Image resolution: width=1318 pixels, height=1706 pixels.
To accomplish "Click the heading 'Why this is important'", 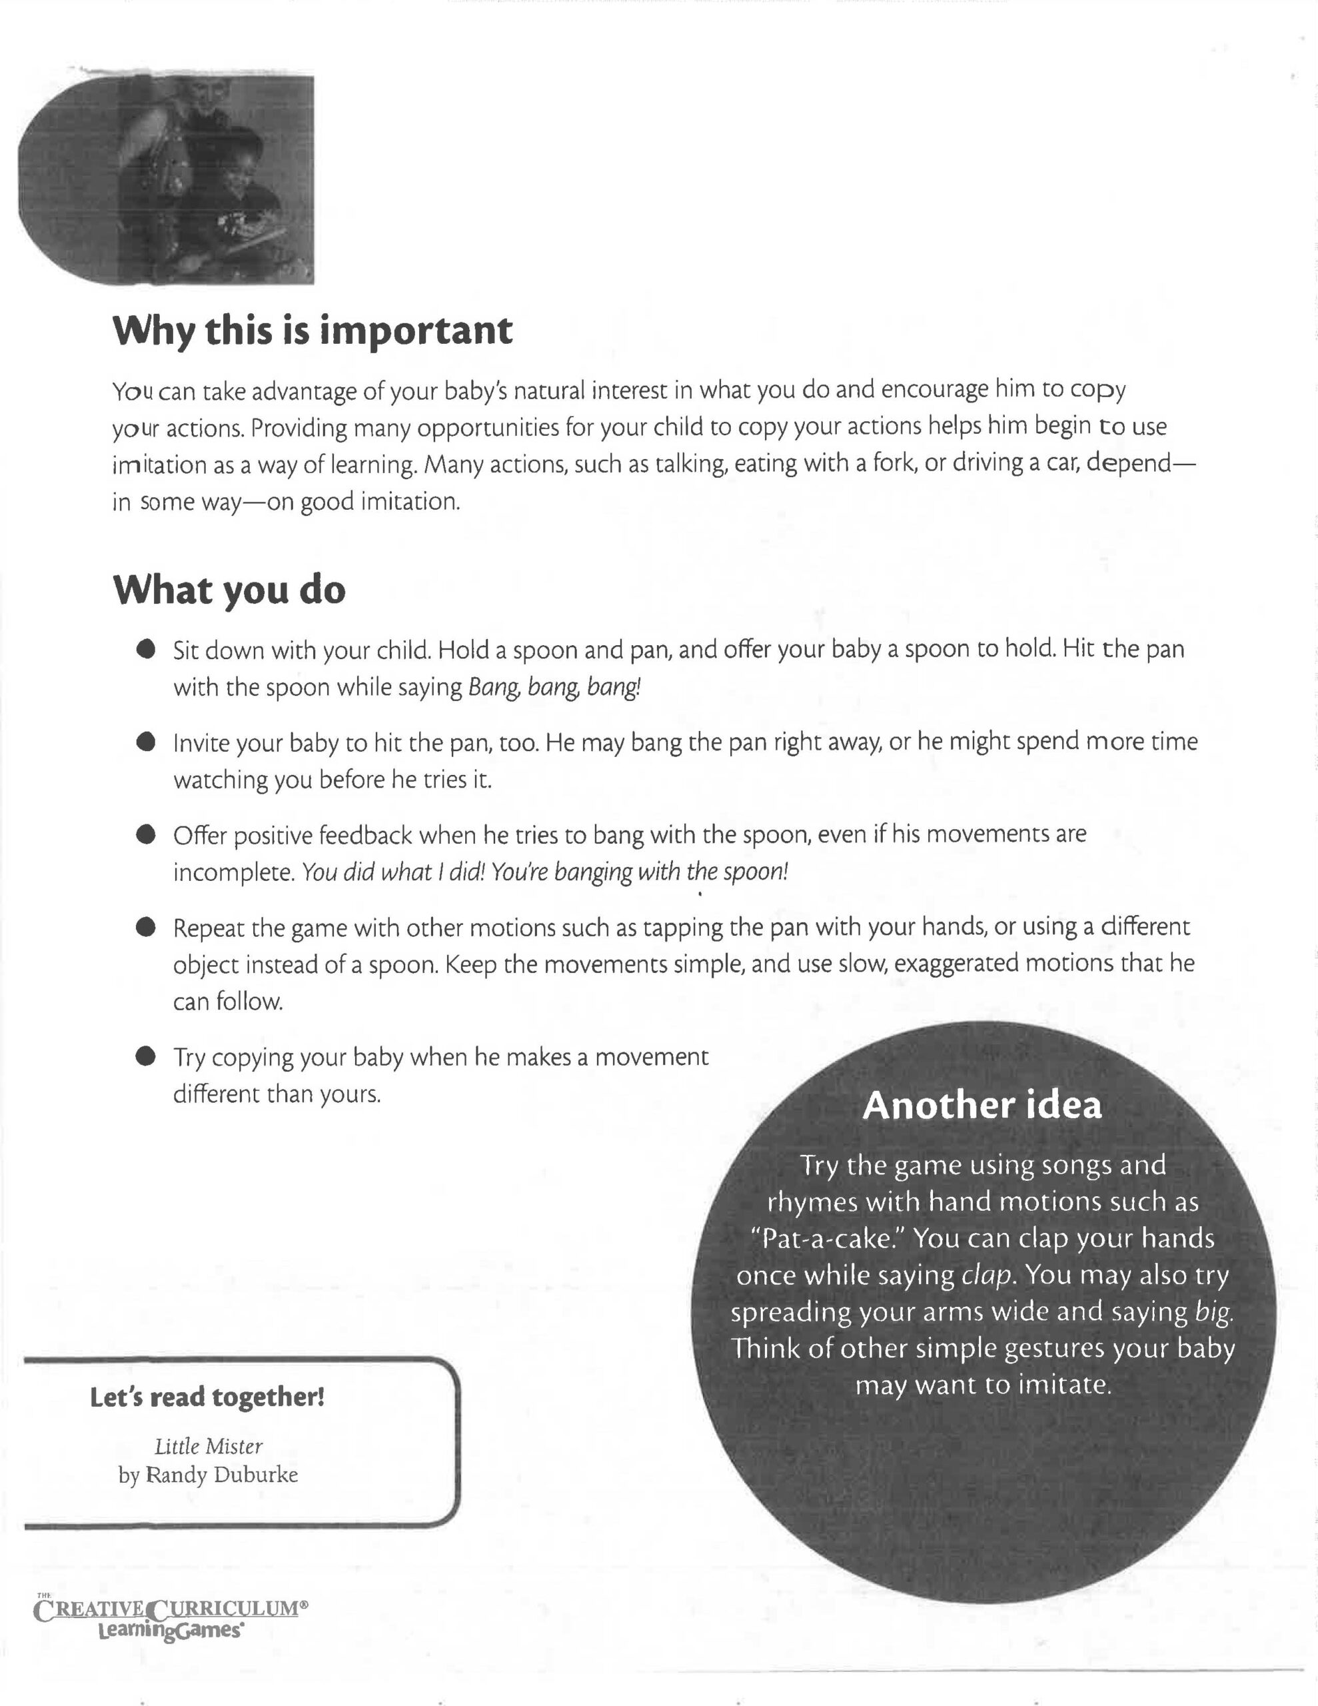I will click(313, 331).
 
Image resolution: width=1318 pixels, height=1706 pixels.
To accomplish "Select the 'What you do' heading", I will click(229, 590).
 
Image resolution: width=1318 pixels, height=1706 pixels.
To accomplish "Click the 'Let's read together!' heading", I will click(207, 1397).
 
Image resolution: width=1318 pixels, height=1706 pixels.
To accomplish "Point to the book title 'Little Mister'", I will click(209, 1447).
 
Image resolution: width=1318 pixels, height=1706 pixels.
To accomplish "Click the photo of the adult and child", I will click(167, 180).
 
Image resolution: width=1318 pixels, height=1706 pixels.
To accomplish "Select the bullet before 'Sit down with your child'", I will click(145, 649).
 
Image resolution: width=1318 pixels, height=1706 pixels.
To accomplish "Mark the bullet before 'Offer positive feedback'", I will click(145, 834).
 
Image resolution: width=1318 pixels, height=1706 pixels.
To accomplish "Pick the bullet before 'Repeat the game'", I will click(145, 927).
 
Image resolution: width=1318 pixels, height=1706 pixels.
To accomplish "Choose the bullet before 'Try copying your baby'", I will click(145, 1057).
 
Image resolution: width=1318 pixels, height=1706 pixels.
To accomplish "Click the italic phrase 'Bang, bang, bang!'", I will click(554, 688).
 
